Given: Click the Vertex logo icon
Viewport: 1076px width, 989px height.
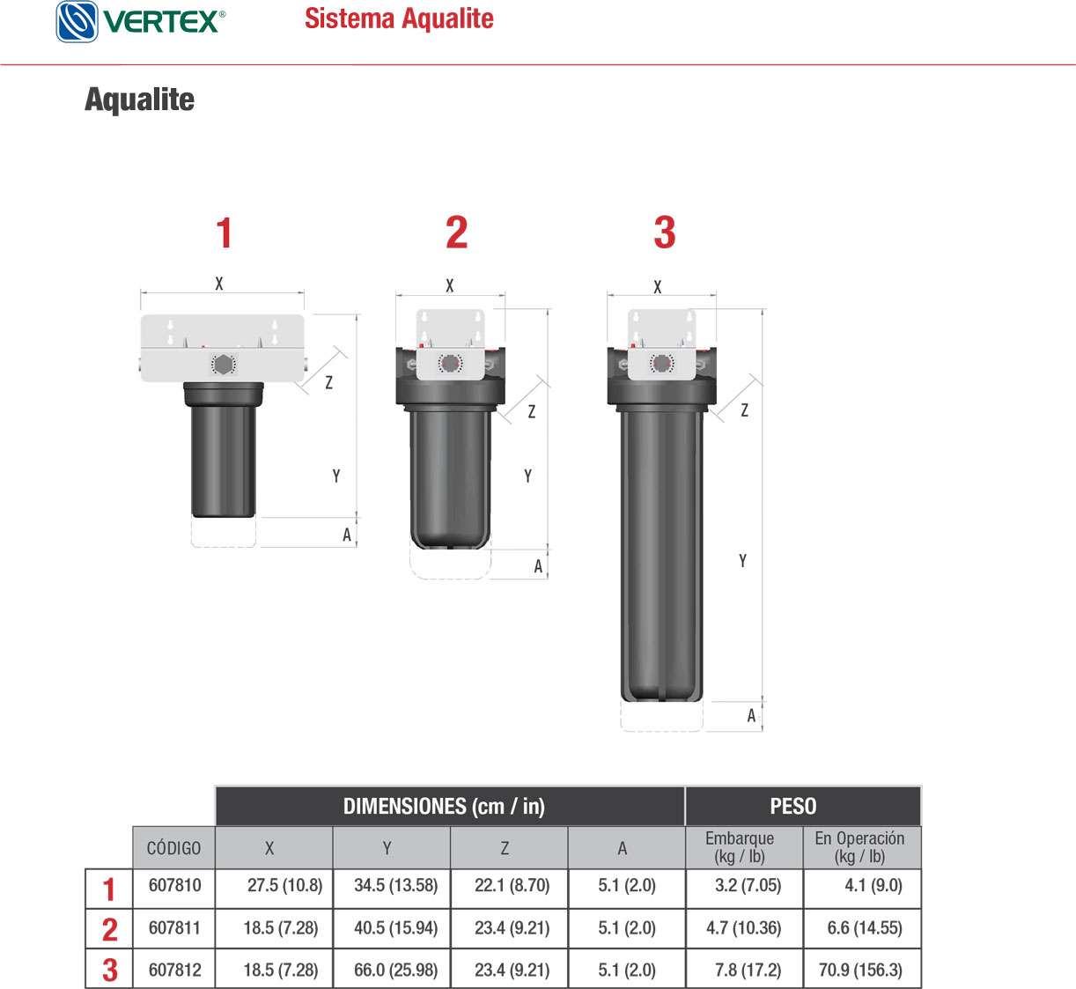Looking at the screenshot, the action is [x=77, y=21].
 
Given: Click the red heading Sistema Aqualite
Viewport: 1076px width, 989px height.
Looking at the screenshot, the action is [x=399, y=18].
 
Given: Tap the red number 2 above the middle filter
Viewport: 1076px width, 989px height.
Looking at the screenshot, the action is [x=456, y=232].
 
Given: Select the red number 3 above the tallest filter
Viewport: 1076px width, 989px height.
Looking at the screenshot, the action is [x=665, y=232].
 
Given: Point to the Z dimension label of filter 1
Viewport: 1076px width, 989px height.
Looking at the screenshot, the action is [x=328, y=382].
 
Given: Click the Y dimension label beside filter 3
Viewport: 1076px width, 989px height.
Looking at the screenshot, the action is [x=742, y=561].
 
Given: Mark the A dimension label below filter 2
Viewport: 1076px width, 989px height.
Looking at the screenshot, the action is [x=538, y=566].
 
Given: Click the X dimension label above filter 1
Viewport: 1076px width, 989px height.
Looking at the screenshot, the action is [x=219, y=284].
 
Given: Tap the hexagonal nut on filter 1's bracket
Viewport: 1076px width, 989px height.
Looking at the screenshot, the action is [x=222, y=365].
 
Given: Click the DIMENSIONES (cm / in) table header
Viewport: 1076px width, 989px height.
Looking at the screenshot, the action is [x=444, y=806].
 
